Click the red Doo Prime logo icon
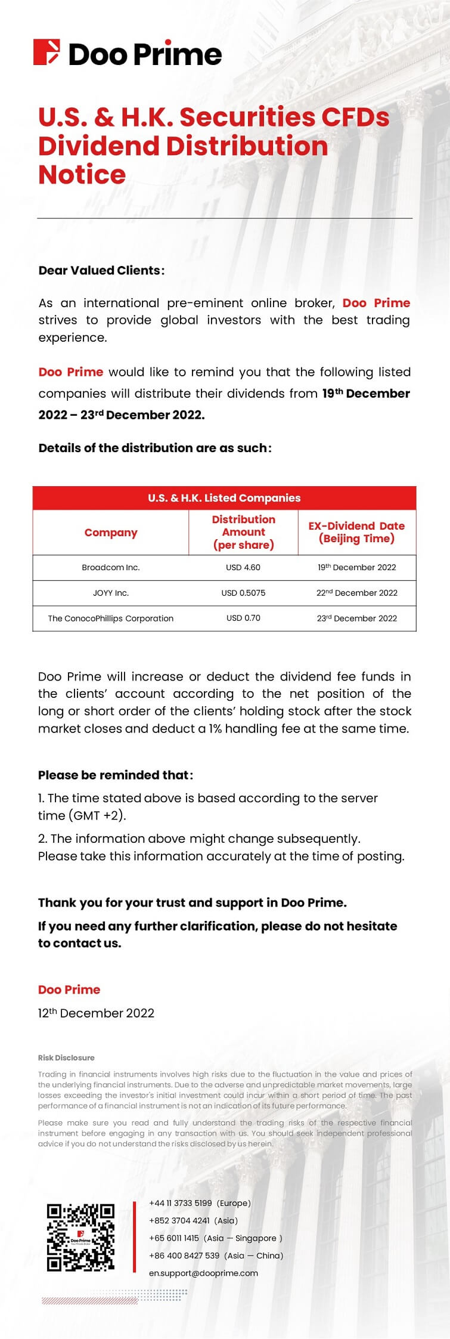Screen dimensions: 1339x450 (46, 52)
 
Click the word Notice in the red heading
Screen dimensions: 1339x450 (82, 175)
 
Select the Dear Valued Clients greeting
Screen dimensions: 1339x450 (101, 270)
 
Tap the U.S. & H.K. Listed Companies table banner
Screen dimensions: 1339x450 (224, 498)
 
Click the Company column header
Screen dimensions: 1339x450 (111, 533)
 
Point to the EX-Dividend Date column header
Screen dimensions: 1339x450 (356, 532)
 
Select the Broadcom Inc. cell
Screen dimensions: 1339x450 (111, 567)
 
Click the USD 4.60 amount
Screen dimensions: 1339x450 (243, 567)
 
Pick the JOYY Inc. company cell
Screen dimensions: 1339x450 (111, 593)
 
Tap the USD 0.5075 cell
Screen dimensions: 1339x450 (243, 593)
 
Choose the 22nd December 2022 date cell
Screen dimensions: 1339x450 (356, 593)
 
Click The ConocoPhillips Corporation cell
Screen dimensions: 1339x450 (111, 619)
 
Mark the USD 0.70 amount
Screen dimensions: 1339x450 (243, 619)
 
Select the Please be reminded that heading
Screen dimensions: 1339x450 (116, 775)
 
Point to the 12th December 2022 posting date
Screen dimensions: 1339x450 (96, 1013)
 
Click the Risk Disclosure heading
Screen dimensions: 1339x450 (66, 1057)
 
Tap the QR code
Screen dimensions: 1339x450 (80, 1238)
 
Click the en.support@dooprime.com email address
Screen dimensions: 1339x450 (203, 1273)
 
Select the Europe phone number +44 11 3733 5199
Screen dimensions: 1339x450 (181, 1203)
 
